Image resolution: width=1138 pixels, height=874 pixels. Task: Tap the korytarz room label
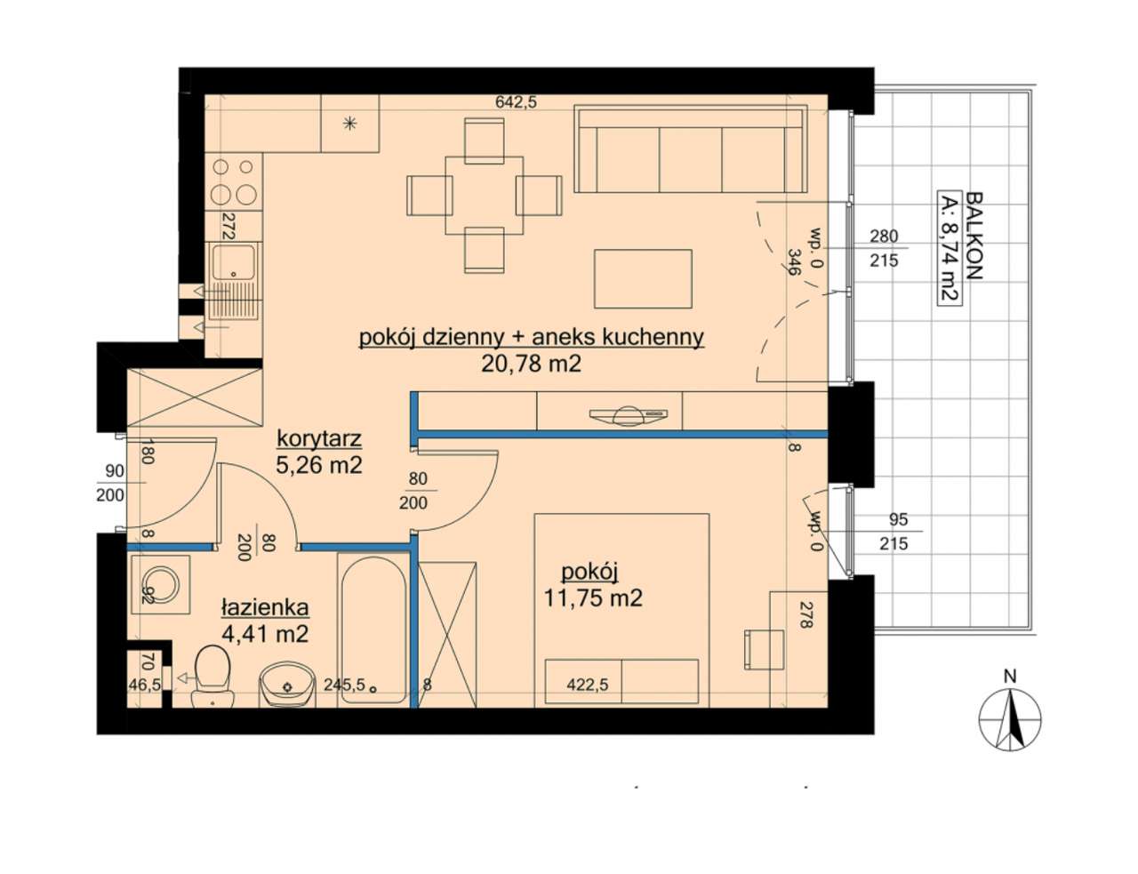click(319, 439)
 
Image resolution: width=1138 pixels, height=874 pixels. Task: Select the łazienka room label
click(265, 607)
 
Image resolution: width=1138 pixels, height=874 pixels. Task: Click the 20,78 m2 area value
click(531, 364)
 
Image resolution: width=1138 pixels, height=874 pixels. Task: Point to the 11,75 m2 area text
click(593, 598)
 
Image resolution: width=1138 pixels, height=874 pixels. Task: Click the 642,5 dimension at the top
click(516, 102)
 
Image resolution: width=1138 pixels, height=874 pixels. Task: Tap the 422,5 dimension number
click(588, 685)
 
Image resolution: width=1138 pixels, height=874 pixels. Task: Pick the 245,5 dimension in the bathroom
click(344, 685)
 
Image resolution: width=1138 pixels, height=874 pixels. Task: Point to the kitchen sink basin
click(234, 262)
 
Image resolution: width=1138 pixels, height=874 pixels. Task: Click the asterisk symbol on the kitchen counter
click(349, 124)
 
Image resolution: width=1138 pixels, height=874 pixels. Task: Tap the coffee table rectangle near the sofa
click(643, 278)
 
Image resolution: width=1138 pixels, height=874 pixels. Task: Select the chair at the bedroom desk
click(764, 649)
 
